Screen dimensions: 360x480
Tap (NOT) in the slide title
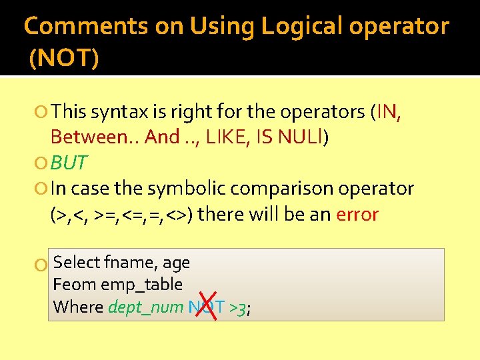point(64,59)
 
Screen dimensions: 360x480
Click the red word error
point(357,215)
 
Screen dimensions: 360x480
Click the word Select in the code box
point(77,263)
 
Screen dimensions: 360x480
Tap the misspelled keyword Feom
point(73,285)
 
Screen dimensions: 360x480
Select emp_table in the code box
point(141,285)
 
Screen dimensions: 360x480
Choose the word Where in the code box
point(78,307)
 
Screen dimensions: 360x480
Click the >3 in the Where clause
point(237,308)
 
